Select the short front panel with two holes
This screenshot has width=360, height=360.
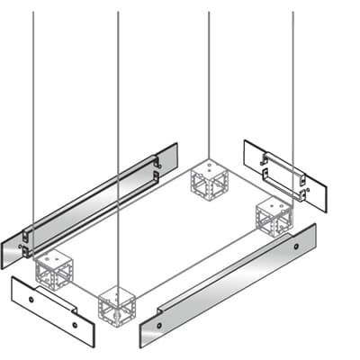52,310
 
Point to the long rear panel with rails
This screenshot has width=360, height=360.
90,203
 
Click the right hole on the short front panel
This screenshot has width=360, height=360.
75,326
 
